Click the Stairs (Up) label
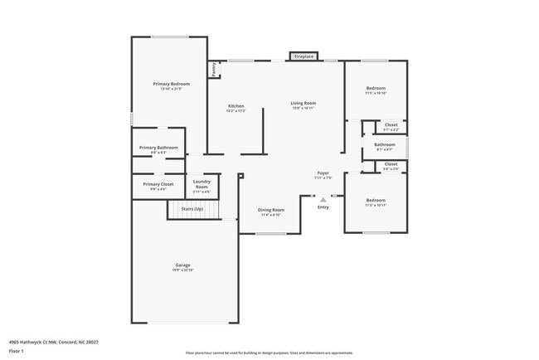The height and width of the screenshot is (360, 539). point(193,209)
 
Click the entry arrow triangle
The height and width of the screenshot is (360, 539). point(323,198)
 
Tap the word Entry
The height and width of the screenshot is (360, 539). point(323,207)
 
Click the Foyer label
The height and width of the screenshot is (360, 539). point(323,175)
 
